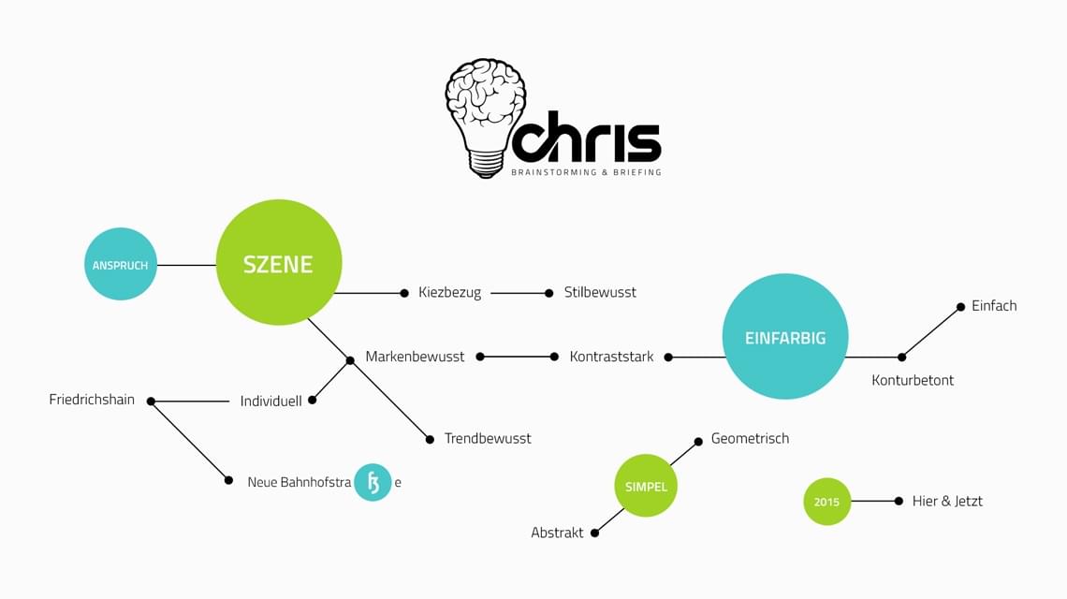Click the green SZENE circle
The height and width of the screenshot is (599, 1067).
point(279,263)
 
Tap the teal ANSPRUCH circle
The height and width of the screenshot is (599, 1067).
point(121,265)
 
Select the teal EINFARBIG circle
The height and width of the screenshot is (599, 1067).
point(785,337)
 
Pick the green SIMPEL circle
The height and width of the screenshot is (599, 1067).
point(646,487)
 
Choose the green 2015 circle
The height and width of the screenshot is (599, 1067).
point(826,502)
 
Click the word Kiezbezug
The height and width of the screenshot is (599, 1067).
point(450,292)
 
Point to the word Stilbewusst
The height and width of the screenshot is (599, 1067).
point(600,292)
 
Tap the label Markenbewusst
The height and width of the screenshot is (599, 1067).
point(415,357)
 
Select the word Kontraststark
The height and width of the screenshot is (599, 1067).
point(611,357)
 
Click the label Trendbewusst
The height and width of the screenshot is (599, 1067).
point(488,438)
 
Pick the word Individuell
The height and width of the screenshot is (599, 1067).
point(271,401)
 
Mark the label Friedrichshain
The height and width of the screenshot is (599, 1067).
point(92,400)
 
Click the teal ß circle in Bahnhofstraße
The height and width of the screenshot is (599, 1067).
point(373,482)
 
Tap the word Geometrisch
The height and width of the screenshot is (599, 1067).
point(750,438)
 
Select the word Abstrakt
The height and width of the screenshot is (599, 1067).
point(557,533)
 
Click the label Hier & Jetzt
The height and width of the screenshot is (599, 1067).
point(947,501)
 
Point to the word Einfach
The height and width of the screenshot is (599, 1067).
point(994,305)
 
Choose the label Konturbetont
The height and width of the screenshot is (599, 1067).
point(913,380)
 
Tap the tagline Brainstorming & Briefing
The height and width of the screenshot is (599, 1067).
point(586,172)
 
